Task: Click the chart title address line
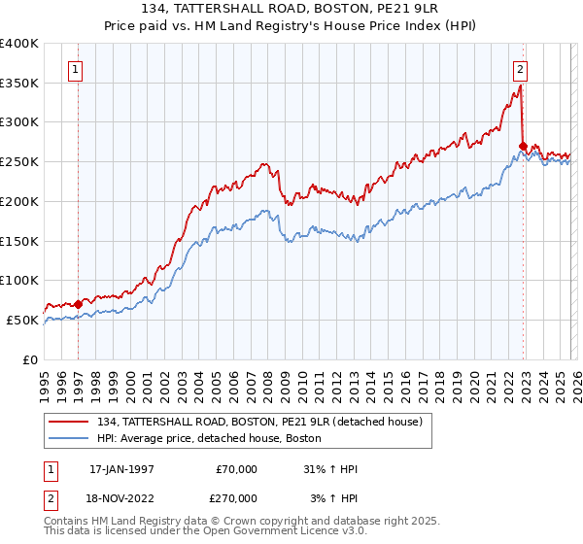[291, 10]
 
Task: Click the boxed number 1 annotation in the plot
[76, 69]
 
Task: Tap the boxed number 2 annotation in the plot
[521, 69]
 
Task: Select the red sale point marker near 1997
[79, 303]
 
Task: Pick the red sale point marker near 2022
[523, 146]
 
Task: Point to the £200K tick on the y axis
[19, 201]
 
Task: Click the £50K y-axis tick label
[22, 320]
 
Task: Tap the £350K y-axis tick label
[19, 83]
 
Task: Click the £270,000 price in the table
[234, 496]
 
